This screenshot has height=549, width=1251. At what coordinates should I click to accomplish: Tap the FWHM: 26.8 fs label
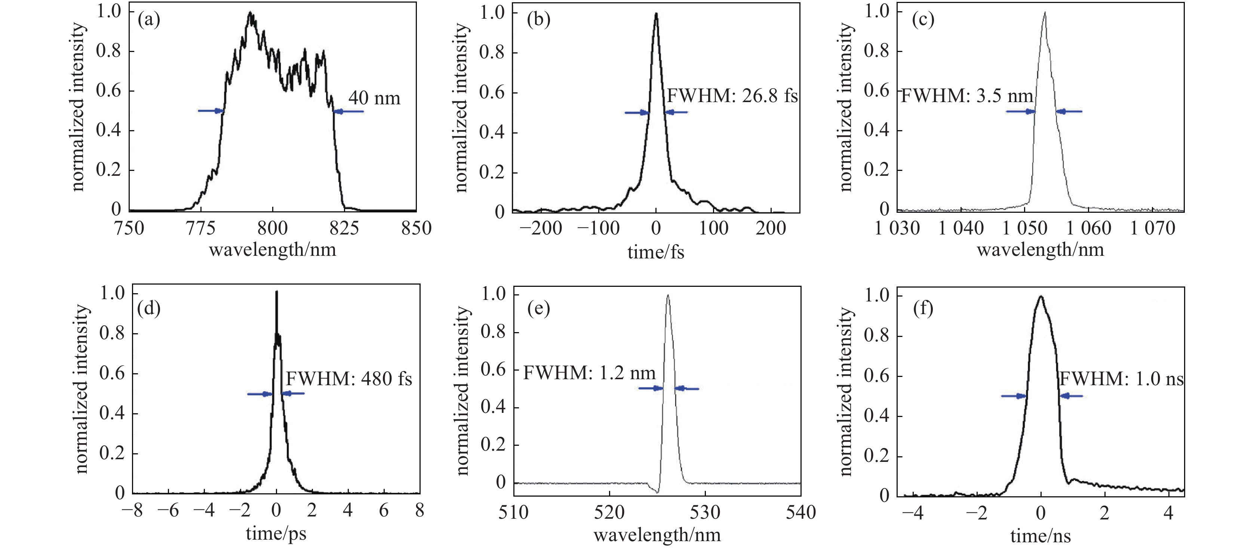coord(732,96)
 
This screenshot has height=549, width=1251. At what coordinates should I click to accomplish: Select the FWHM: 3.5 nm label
coord(967,96)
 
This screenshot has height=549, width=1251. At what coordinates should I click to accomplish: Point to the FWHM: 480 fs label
coord(349,378)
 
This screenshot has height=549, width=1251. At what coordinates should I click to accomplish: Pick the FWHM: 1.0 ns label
coord(1121,378)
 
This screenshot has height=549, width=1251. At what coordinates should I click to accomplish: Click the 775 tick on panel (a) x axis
coord(200,228)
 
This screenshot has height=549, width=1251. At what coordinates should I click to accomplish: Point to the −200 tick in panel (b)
coord(541,228)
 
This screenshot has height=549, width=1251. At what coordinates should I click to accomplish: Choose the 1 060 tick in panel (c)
coord(1088,228)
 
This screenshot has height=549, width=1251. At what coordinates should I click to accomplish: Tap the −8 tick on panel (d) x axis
coord(132,510)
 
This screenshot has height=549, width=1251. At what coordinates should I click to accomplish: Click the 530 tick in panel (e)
coord(705,512)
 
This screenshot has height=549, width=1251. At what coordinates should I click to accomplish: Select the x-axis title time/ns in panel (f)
coord(1040,536)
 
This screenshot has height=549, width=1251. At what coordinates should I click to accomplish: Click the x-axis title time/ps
coord(276,533)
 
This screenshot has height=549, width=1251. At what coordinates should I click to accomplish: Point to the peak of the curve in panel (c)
coord(1044,13)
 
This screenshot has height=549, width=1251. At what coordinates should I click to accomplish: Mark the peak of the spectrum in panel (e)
coord(668,295)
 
